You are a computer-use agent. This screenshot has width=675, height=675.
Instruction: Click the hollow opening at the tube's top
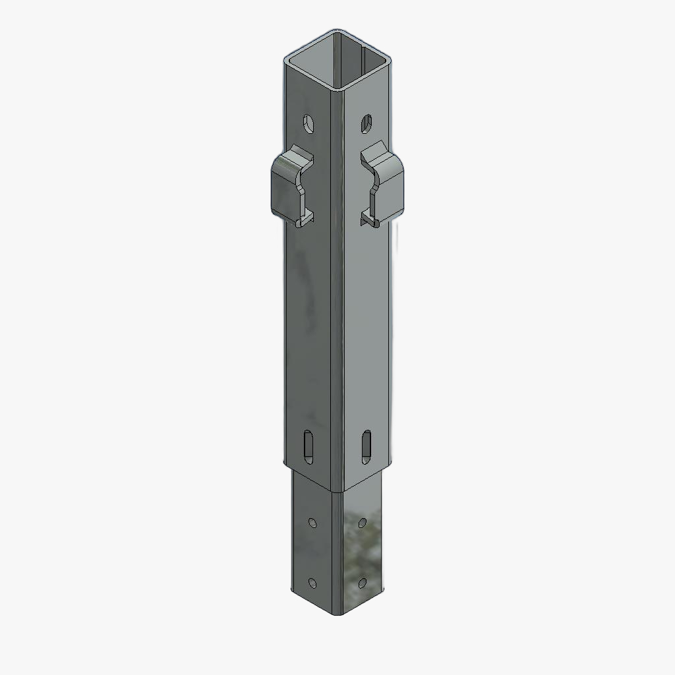pos(340,63)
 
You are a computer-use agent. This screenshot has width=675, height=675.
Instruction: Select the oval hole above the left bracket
pos(308,123)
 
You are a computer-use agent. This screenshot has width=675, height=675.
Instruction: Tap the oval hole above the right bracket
pos(367,123)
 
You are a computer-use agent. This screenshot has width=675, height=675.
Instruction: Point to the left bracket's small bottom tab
pos(305,218)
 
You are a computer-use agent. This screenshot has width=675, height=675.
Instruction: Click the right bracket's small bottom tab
pos(369,219)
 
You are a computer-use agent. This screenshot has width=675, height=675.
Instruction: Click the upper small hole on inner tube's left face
pos(312,523)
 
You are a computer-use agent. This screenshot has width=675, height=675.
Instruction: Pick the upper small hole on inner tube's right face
pos(363,523)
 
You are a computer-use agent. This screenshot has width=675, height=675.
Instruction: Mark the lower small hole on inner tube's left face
pos(312,583)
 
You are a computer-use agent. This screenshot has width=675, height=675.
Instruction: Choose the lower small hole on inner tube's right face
pos(363,583)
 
